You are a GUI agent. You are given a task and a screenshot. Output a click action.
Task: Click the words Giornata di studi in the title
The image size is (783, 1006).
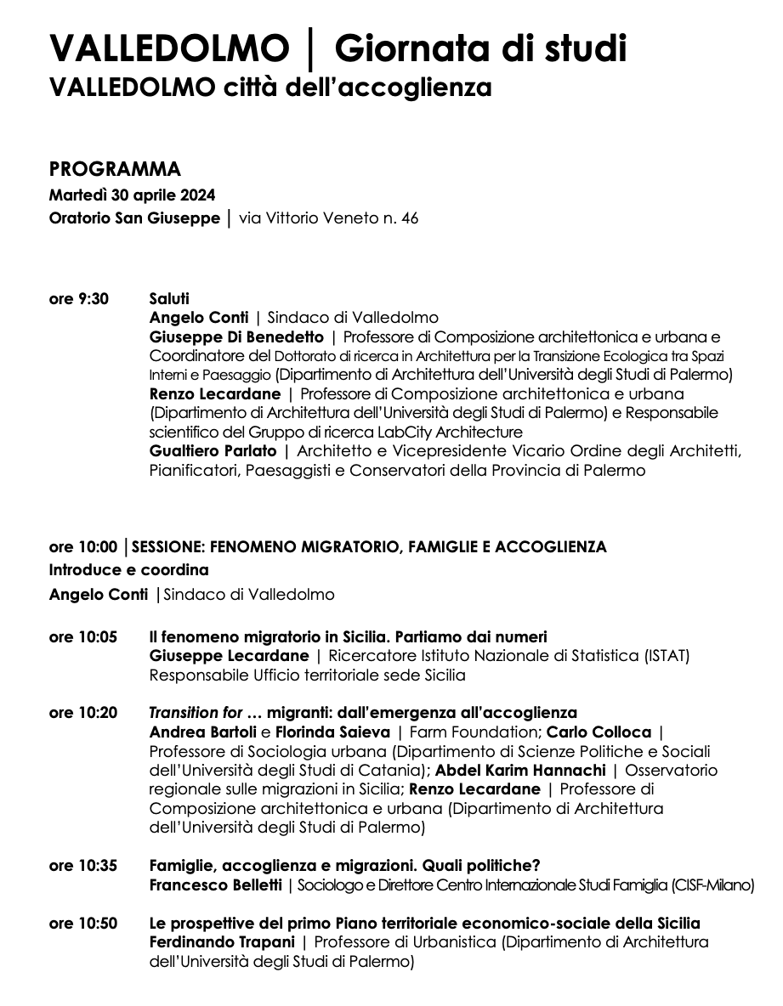tap(480, 49)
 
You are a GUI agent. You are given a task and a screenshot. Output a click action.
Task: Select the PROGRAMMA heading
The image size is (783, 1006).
tap(115, 169)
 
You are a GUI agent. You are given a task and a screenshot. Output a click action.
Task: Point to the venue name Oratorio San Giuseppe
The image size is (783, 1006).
tap(134, 218)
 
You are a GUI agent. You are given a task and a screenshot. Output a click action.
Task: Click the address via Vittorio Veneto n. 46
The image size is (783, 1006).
tap(329, 218)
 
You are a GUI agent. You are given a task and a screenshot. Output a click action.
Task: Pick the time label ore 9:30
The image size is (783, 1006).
tap(79, 298)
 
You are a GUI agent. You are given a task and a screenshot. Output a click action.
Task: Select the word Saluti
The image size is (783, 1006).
tap(169, 298)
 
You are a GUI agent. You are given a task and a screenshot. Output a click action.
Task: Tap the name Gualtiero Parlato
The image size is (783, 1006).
tap(213, 450)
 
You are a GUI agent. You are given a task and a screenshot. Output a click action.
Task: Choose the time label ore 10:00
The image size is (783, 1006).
tap(83, 546)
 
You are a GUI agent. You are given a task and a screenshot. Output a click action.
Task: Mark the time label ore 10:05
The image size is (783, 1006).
tap(83, 636)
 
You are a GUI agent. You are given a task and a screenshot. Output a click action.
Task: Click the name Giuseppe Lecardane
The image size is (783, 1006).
tap(229, 656)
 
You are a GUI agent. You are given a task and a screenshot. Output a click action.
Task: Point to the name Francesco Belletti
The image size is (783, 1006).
tap(216, 885)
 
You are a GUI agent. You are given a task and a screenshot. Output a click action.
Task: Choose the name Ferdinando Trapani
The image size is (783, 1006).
tap(220, 942)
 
